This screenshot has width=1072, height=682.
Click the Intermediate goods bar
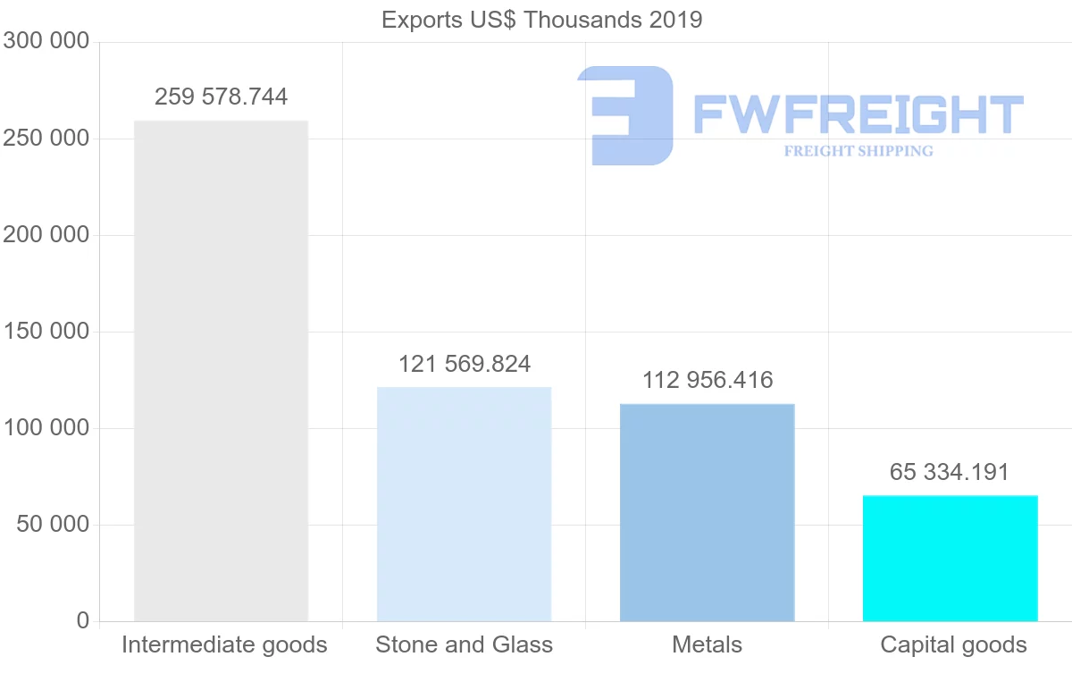pyautogui.click(x=221, y=371)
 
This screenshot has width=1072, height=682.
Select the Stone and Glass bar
pyautogui.click(x=464, y=504)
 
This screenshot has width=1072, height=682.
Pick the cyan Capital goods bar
pyautogui.click(x=950, y=558)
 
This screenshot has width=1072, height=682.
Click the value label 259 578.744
pyautogui.click(x=221, y=97)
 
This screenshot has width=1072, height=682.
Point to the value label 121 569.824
pyautogui.click(x=465, y=364)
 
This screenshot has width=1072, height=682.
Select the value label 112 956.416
pyautogui.click(x=708, y=380)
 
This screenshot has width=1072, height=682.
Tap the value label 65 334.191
pyautogui.click(x=950, y=472)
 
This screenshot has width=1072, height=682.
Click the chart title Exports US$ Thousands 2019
pyautogui.click(x=541, y=20)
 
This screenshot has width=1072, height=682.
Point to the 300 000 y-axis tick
pyautogui.click(x=46, y=41)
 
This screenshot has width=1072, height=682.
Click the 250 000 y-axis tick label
pyautogui.click(x=46, y=139)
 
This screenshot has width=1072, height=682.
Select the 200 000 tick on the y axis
pyautogui.click(x=46, y=235)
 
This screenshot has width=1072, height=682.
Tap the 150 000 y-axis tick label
pyautogui.click(x=46, y=332)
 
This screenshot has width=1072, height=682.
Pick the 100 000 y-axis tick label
pyautogui.click(x=46, y=428)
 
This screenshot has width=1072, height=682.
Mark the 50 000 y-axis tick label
pyautogui.click(x=54, y=525)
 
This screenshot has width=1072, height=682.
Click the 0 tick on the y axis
pyautogui.click(x=83, y=620)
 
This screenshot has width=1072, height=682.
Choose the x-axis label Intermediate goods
pyautogui.click(x=224, y=644)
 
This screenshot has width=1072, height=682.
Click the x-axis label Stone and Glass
pyautogui.click(x=465, y=644)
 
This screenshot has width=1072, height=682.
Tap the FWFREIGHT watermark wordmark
pyautogui.click(x=858, y=114)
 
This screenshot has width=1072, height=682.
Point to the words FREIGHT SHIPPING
pyautogui.click(x=858, y=151)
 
